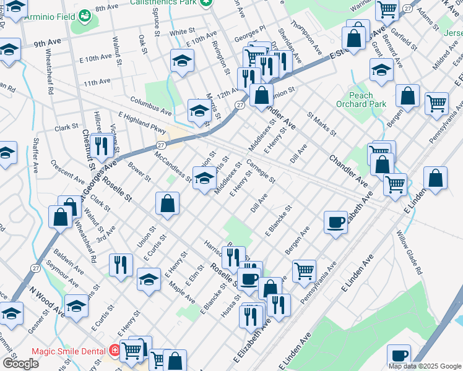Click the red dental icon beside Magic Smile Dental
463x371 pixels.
(115, 351)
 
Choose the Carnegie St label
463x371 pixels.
(260, 171)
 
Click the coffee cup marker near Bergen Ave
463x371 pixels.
(335, 222)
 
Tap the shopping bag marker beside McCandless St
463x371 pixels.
(167, 203)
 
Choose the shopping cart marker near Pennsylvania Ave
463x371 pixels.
(304, 270)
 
